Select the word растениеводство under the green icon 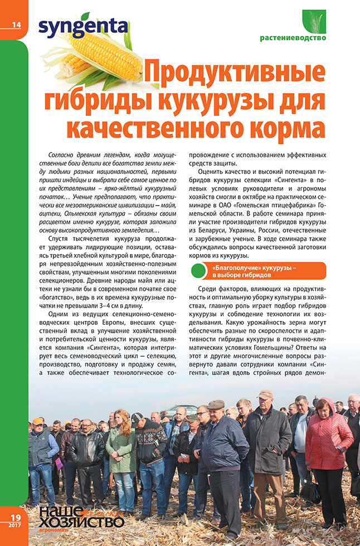(x=293, y=38)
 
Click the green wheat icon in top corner (x=313, y=21)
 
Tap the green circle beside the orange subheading (x=199, y=271)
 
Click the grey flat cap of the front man (x=216, y=404)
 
